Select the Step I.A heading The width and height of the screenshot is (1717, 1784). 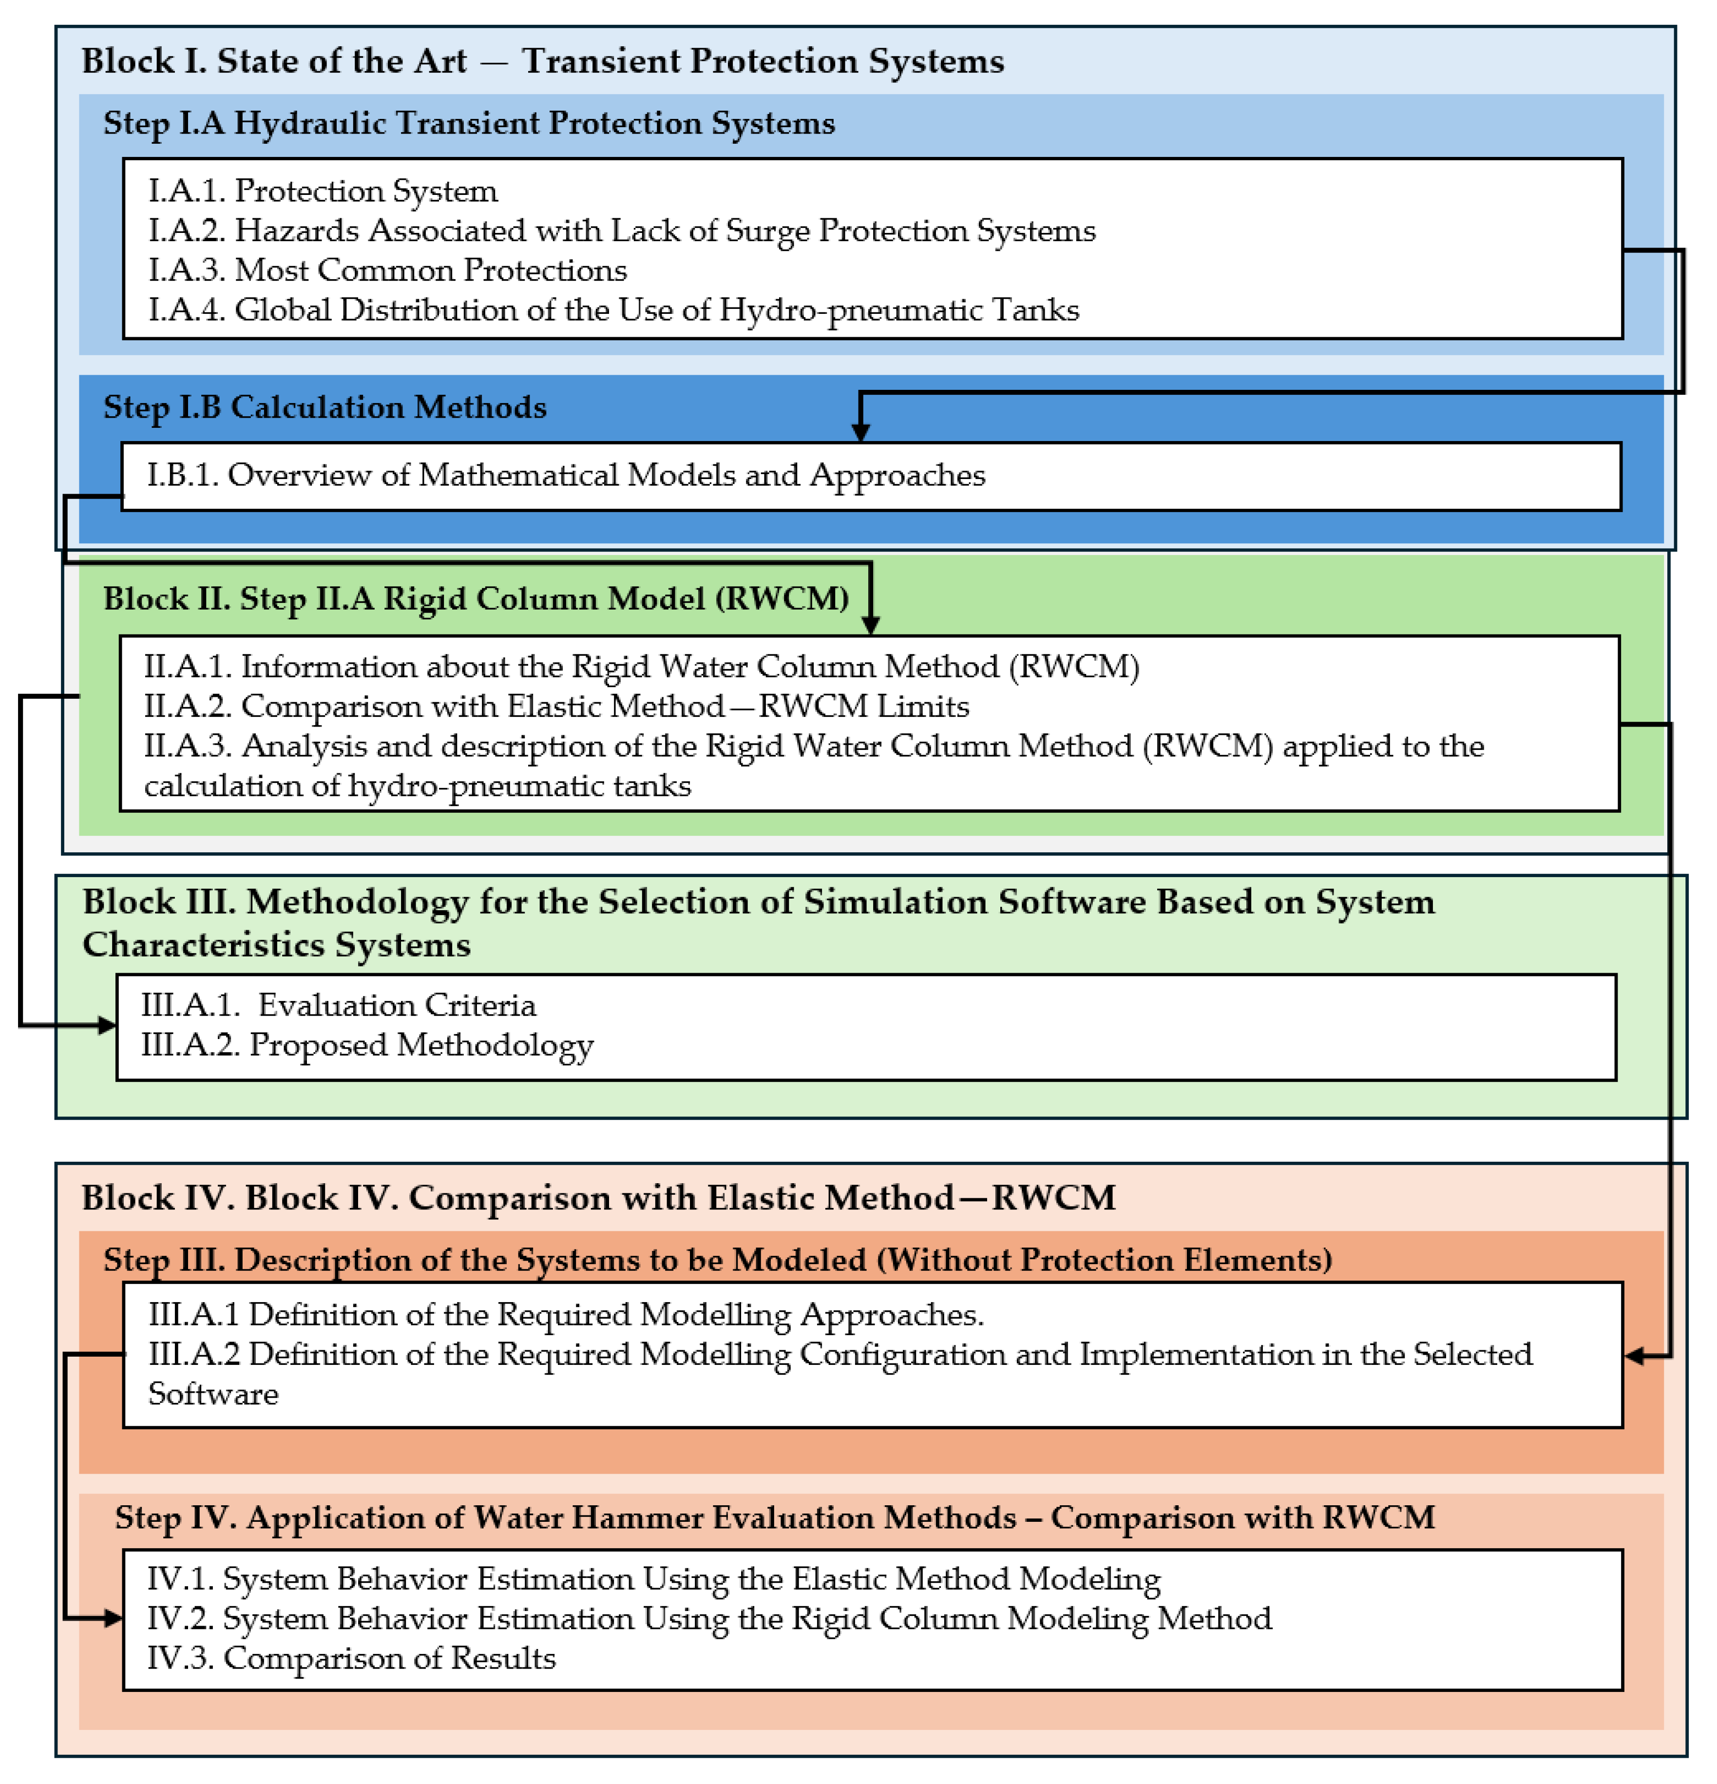pyautogui.click(x=469, y=123)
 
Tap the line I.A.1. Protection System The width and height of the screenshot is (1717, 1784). pyautogui.click(x=323, y=191)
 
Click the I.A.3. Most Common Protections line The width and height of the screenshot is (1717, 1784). pyautogui.click(x=388, y=270)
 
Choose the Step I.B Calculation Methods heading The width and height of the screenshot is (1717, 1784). pyautogui.click(x=325, y=407)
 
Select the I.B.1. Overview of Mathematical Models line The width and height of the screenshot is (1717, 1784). pyautogui.click(x=566, y=475)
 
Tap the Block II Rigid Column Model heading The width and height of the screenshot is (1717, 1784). pyautogui.click(x=475, y=599)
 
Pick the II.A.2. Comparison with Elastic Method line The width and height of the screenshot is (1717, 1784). pyautogui.click(x=556, y=706)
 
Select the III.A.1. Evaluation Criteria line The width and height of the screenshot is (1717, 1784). pyautogui.click(x=339, y=1005)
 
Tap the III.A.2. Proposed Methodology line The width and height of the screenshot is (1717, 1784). pyautogui.click(x=367, y=1045)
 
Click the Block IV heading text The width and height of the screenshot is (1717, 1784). pyautogui.click(x=598, y=1198)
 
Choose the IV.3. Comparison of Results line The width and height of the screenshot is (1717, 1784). pyautogui.click(x=351, y=1658)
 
